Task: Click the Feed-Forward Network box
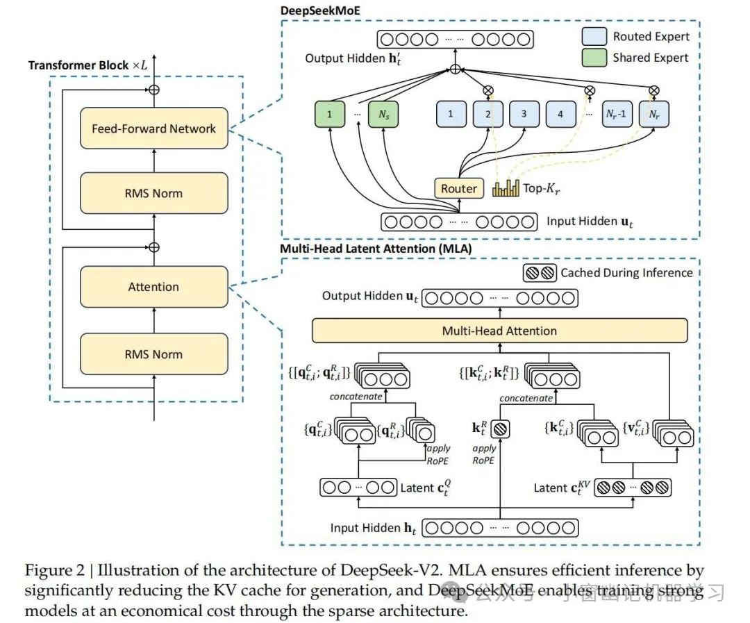point(153,128)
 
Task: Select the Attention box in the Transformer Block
point(153,287)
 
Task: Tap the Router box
point(459,188)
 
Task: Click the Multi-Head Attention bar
point(499,331)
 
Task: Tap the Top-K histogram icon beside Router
point(507,188)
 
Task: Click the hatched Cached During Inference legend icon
point(540,272)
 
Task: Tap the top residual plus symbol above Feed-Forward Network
point(154,90)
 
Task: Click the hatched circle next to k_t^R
point(501,430)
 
